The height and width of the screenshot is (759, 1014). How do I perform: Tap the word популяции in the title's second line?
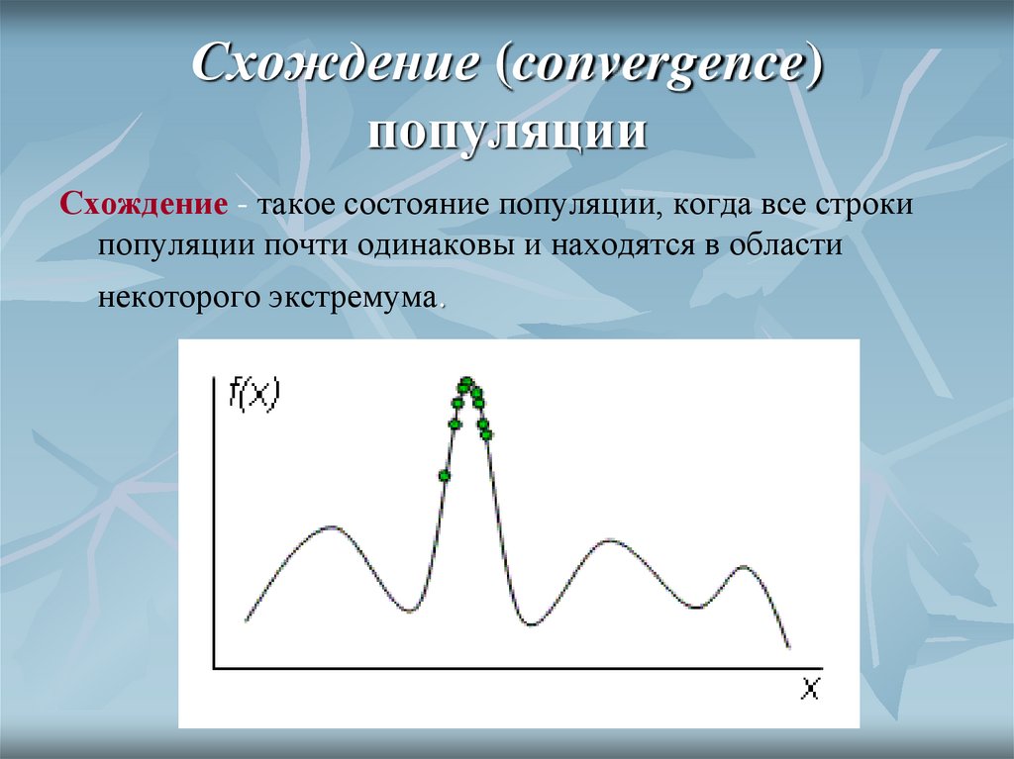tap(508, 131)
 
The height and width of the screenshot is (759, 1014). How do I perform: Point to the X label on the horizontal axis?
tap(810, 690)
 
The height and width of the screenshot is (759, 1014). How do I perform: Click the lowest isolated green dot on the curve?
tap(444, 476)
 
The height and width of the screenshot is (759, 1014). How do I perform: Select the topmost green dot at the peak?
tap(465, 382)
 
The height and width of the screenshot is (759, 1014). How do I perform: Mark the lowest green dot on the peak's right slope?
tap(486, 433)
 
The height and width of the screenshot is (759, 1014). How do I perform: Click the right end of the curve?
tap(789, 647)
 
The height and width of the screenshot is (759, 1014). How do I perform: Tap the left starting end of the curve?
tap(246, 619)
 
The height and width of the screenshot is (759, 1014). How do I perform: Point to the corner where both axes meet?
tap(217, 669)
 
